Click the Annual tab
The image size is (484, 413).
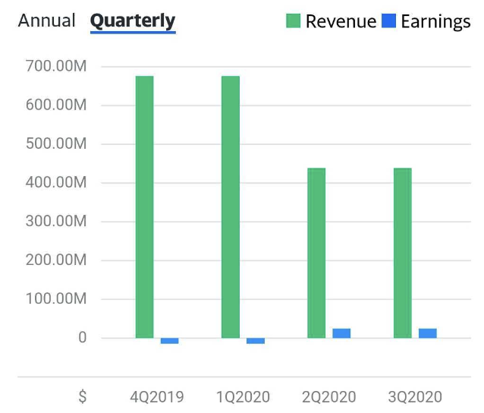[46, 20]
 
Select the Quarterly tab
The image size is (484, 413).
[133, 20]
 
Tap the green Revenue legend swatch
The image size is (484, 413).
[294, 21]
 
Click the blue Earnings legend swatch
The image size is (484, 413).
[388, 21]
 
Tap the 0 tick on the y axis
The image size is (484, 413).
[83, 338]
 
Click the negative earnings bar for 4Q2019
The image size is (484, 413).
[170, 341]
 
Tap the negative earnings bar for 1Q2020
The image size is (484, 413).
[256, 341]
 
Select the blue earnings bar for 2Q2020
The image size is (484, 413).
[341, 333]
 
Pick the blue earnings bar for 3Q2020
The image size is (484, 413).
[428, 333]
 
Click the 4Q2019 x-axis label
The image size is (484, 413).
[157, 396]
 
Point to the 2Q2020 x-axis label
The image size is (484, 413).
[328, 396]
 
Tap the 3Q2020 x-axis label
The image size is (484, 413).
[414, 396]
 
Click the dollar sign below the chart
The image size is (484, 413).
[82, 396]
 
